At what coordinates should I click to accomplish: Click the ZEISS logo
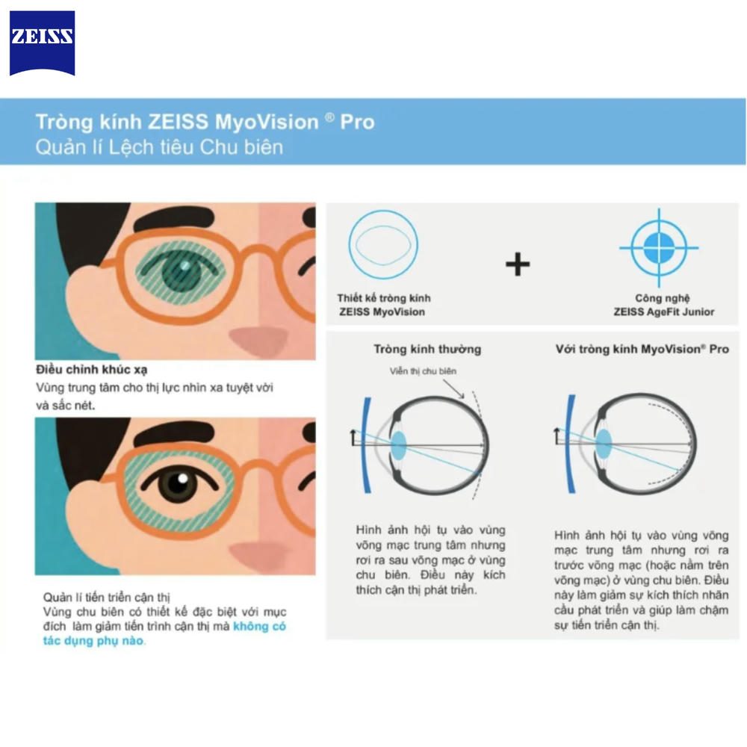pos(42,43)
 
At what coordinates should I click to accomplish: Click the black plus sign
pos(518,264)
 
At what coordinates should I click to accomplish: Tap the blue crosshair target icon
pos(659,248)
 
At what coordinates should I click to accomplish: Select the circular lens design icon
pos(383,244)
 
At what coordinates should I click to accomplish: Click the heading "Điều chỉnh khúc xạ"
pos(91,370)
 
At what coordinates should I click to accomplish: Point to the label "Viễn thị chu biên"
pos(423,371)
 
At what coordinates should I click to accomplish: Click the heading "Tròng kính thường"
pos(427,349)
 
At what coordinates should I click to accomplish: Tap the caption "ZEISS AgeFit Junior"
pos(663,312)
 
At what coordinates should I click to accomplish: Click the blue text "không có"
pos(259,626)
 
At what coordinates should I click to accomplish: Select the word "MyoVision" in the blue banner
pos(267,122)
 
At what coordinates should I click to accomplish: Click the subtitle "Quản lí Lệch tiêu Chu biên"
pos(159,147)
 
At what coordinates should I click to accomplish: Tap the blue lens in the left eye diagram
pos(398,445)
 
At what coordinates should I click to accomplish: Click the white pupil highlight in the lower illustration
pos(182,478)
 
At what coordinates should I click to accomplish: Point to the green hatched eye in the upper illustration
pos(180,273)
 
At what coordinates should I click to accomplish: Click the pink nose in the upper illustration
pos(258,338)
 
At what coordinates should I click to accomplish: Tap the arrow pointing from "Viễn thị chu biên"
pos(453,389)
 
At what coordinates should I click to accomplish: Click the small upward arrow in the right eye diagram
pos(556,436)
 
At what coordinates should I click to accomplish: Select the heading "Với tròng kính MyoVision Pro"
pos(642,349)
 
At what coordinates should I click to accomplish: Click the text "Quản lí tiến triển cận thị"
pos(106,598)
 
